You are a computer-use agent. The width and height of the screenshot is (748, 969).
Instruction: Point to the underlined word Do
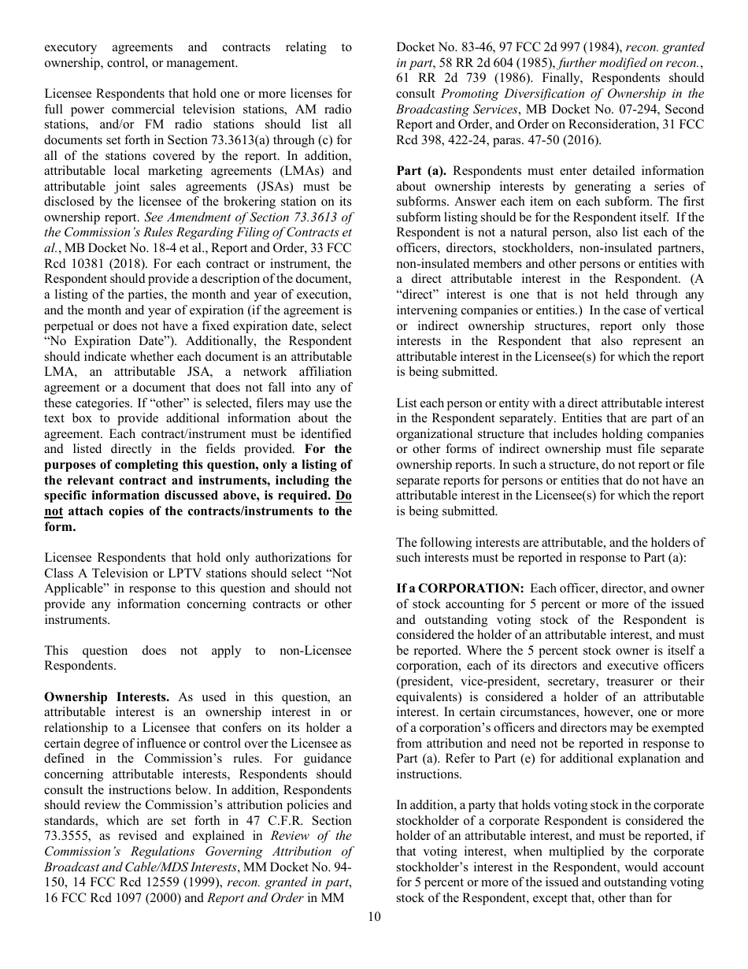pyautogui.click(x=343, y=496)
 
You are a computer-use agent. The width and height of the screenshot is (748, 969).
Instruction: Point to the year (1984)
pyautogui.click(x=602, y=47)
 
